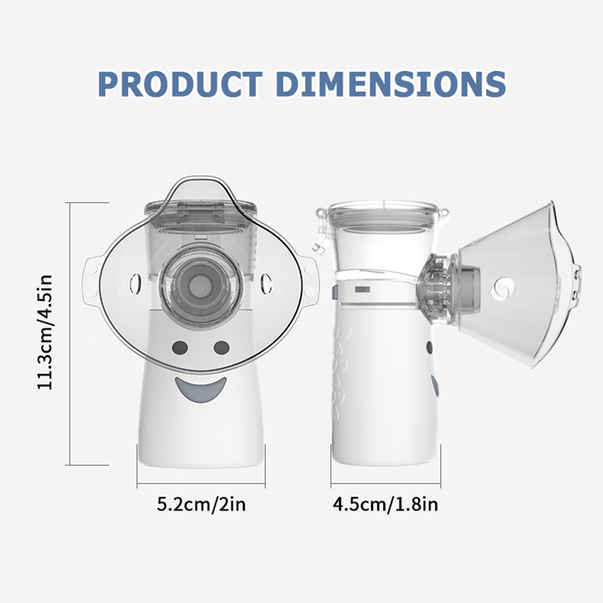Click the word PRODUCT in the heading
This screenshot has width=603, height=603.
pos(180,84)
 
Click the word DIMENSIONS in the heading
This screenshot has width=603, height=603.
pos(391,84)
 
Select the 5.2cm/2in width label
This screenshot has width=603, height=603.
pos(201,504)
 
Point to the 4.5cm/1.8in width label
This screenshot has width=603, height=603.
pos(385,504)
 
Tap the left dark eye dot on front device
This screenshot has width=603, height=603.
pos(180,348)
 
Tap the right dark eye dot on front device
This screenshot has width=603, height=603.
pos(222,348)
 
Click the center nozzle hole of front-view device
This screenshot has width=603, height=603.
pos(199,285)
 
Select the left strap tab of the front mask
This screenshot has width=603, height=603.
pos(91,277)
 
